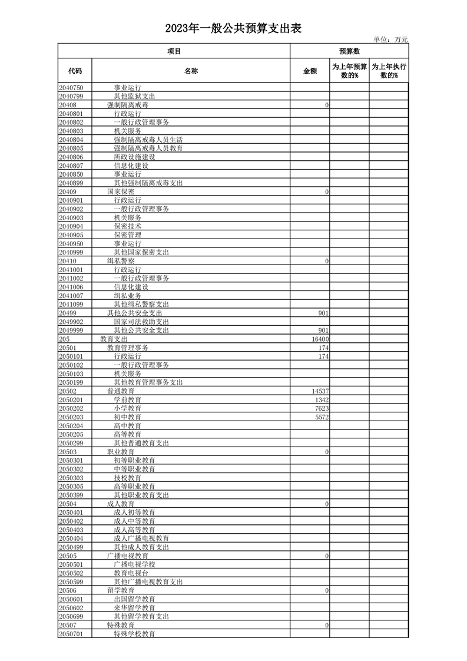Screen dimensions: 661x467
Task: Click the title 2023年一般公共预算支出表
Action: coord(233,28)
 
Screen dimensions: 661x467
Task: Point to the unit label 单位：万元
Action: coord(390,39)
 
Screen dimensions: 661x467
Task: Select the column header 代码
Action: coord(75,71)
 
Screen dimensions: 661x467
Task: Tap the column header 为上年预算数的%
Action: coord(349,71)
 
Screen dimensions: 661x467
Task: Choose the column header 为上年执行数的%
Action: coord(389,71)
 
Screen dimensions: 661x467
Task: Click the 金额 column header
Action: coord(310,71)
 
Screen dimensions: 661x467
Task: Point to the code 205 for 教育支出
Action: coord(64,340)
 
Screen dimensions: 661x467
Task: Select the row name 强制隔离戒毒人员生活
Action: coord(148,140)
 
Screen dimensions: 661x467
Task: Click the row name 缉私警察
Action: coord(121,260)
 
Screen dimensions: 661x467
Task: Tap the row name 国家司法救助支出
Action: coord(141,323)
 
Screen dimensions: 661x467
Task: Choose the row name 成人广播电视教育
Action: coord(141,538)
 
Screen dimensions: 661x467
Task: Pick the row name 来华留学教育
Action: coord(134,608)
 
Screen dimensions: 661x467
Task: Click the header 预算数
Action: coord(349,51)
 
